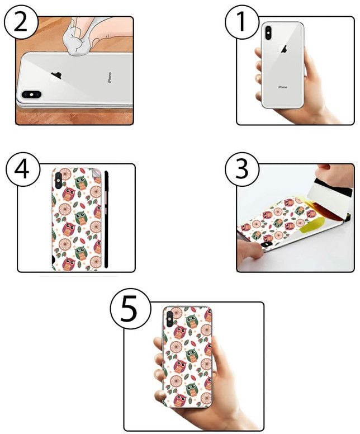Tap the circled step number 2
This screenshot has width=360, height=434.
coord(21,25)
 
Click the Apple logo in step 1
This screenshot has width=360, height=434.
coord(283,49)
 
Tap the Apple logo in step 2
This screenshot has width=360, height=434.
coord(56,76)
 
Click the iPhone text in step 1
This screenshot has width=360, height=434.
coord(283,87)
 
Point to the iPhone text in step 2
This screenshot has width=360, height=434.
coord(109,78)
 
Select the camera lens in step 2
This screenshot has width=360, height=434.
coord(28,95)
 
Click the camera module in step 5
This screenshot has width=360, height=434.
coord(168,319)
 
